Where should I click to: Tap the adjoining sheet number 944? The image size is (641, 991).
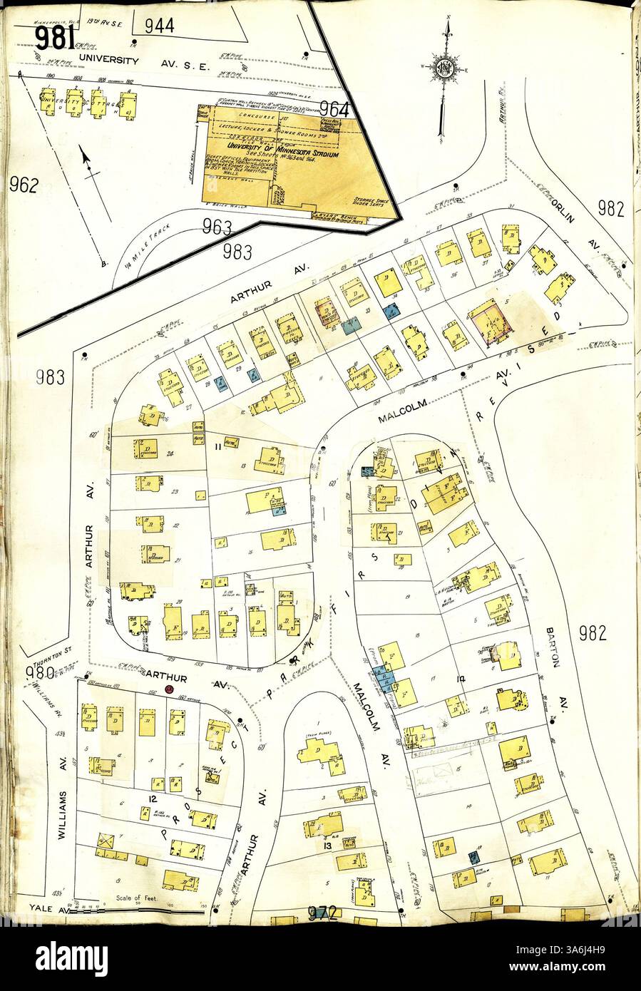(159, 26)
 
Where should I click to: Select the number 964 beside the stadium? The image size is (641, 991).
(334, 110)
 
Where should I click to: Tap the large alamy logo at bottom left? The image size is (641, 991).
(65, 955)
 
